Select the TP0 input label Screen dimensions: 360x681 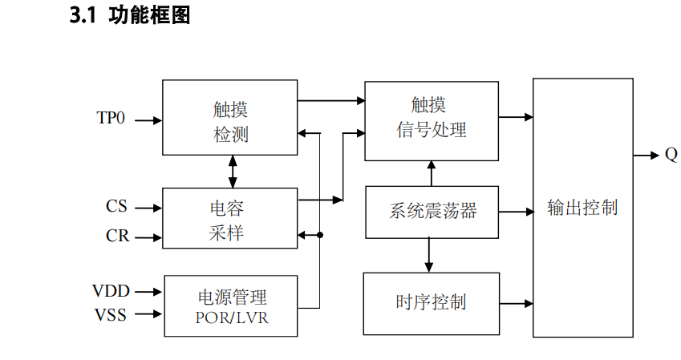pos(111,118)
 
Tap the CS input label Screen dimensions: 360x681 pos(116,206)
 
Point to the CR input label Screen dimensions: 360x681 pos(117,236)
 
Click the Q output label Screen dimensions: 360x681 pos(671,156)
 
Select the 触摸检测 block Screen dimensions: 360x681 pos(229,117)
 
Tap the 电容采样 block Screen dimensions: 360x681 pos(229,220)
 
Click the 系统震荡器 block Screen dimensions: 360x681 pos(432,212)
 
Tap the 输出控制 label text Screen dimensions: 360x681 pos(582,208)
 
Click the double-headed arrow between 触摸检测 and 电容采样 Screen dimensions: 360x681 pos(233,171)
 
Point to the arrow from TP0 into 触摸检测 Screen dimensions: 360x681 pos(148,121)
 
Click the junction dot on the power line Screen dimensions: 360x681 pos(320,236)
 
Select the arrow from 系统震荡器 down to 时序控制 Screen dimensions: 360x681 pos(429,255)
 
